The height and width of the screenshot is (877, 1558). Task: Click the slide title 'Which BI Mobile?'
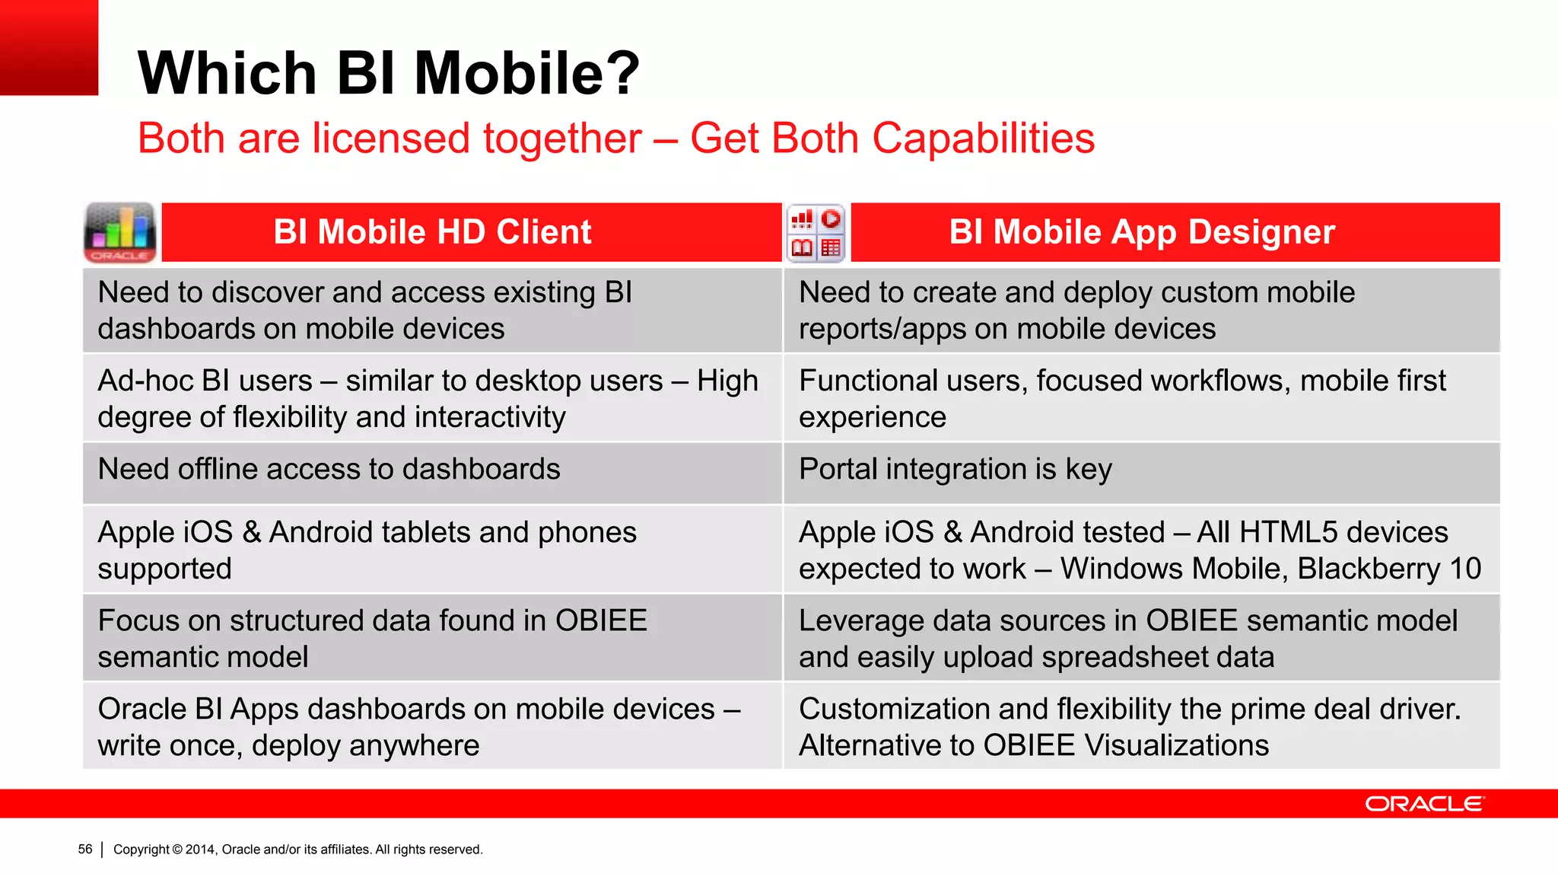(389, 73)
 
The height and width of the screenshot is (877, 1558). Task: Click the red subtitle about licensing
(615, 139)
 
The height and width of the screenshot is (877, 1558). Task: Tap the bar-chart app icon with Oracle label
(120, 232)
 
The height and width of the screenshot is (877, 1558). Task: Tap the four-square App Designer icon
(816, 233)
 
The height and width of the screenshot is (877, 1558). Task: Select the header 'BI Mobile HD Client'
(432, 232)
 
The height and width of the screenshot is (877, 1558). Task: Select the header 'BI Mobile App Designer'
(1141, 232)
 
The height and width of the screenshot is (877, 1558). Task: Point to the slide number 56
(85, 850)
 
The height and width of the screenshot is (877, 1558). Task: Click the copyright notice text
(297, 850)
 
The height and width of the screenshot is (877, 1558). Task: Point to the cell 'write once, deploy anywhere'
(289, 746)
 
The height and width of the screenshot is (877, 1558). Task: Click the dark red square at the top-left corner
(49, 47)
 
